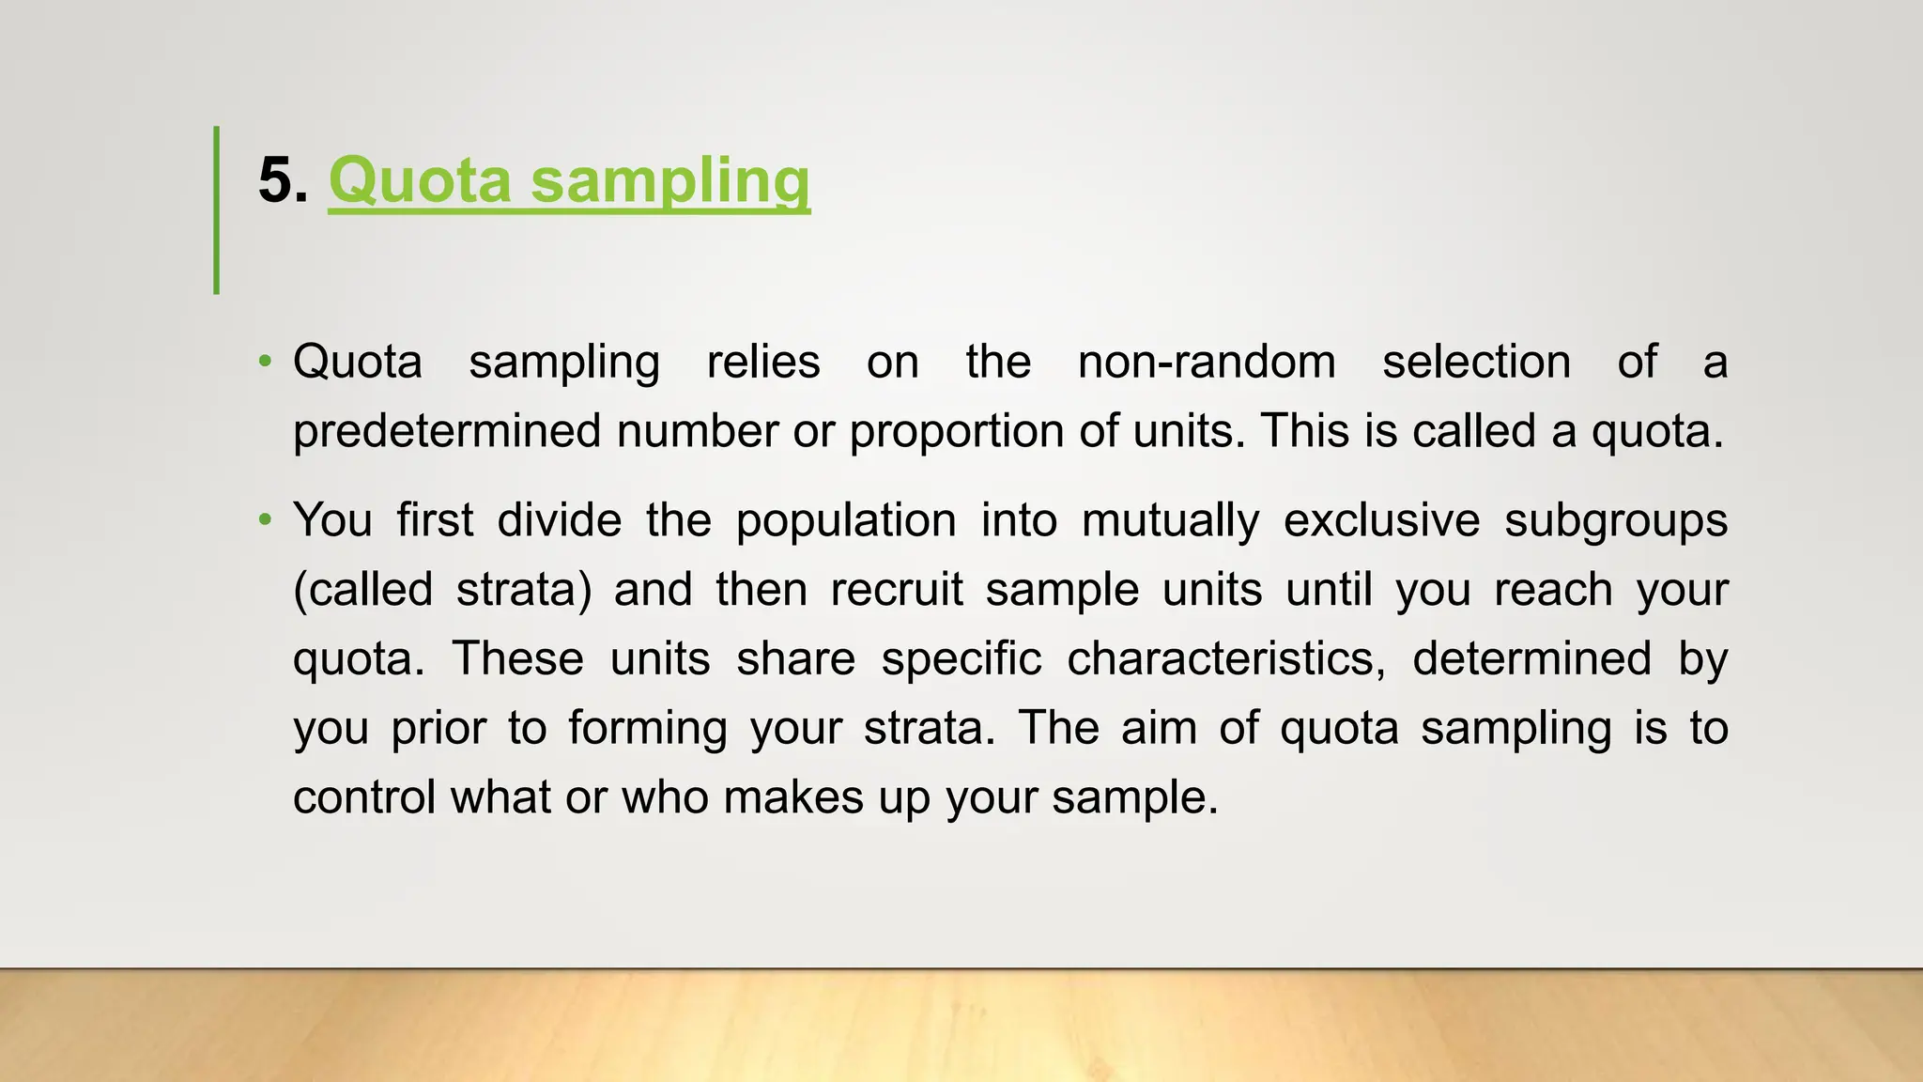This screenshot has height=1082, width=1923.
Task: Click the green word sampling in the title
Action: pyautogui.click(x=669, y=180)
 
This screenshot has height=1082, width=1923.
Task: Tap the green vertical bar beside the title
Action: pyautogui.click(x=217, y=209)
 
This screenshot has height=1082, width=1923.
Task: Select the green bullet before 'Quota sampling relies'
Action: pyautogui.click(x=266, y=362)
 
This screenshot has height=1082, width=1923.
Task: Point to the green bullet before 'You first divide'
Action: pyautogui.click(x=266, y=519)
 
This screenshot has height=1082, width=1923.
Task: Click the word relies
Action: pyautogui.click(x=763, y=362)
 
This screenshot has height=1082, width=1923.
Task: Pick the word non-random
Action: pyautogui.click(x=1207, y=362)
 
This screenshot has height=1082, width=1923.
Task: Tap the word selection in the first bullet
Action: pyautogui.click(x=1476, y=362)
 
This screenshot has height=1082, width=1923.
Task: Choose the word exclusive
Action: pyautogui.click(x=1381, y=519)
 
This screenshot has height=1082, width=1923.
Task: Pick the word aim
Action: pyautogui.click(x=1159, y=728)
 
